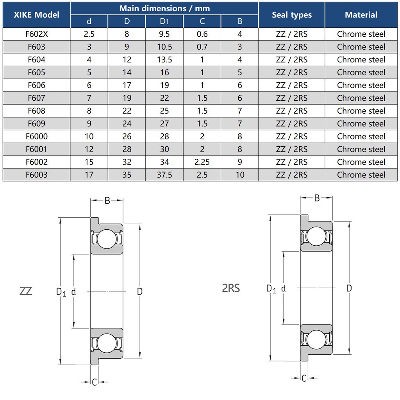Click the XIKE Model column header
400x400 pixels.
coord(36,15)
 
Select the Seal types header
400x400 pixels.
coord(291,15)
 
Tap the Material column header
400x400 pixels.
coord(361,15)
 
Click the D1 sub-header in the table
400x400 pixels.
coord(164,21)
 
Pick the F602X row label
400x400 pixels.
coord(36,34)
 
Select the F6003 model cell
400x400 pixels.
coord(36,175)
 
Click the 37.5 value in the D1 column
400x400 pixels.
coord(164,175)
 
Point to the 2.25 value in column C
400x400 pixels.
coord(202,162)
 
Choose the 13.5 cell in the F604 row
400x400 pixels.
coord(164,60)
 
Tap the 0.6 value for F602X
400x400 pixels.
coord(202,34)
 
